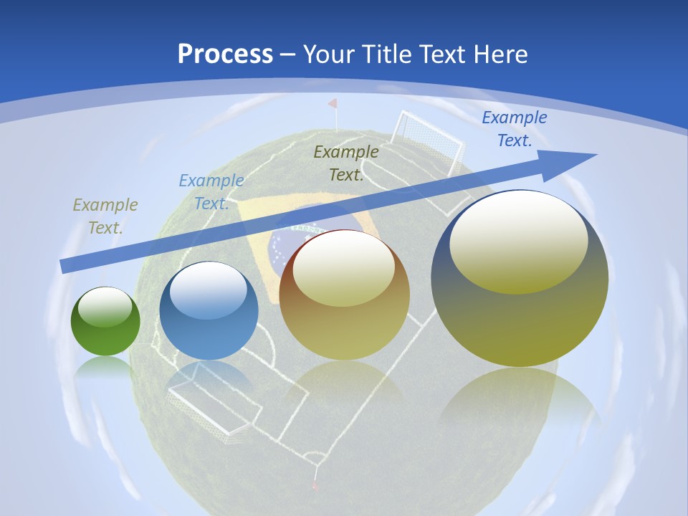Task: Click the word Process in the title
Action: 225,54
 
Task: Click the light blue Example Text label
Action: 211,192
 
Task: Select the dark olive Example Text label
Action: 346,163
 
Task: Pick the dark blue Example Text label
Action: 515,129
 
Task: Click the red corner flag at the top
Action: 333,105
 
